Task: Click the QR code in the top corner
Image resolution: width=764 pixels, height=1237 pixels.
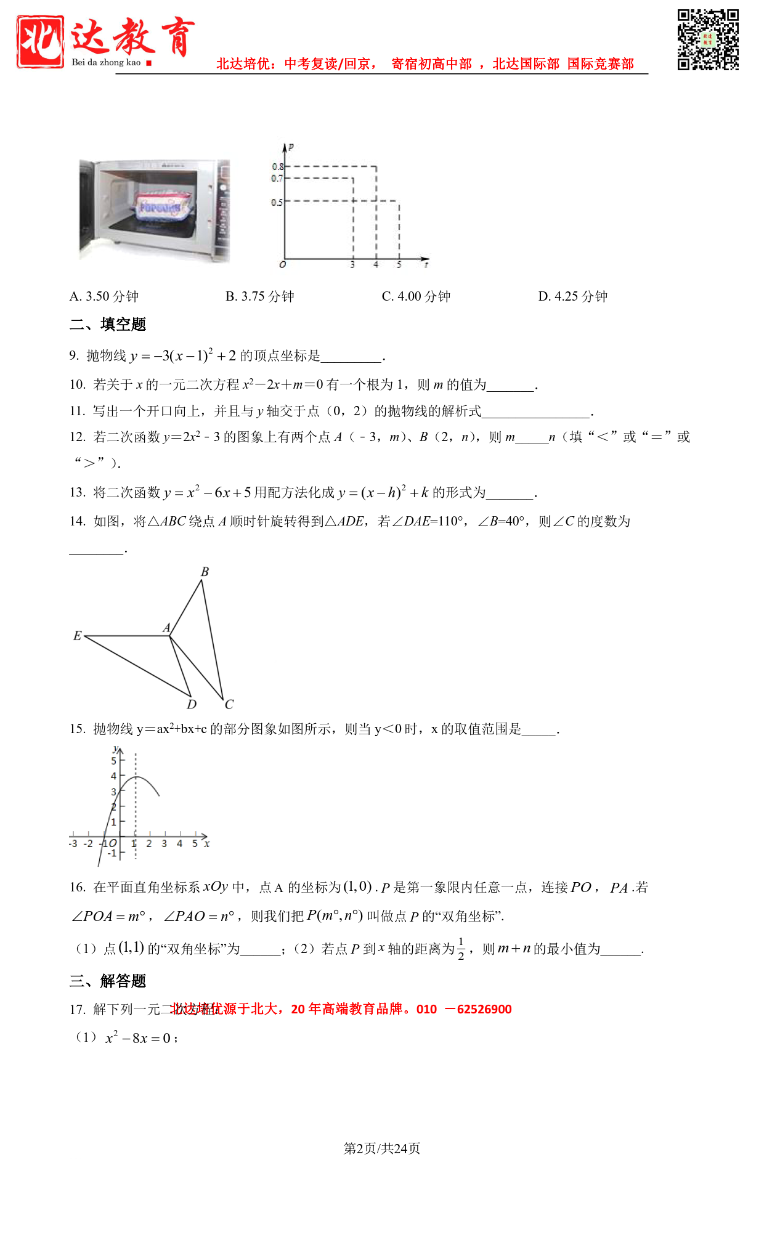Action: [x=708, y=39]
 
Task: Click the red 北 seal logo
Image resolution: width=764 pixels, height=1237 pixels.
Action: [x=40, y=41]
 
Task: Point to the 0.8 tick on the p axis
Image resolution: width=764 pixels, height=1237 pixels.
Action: [x=278, y=166]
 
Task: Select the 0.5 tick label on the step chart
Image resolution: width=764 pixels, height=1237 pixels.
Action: [x=277, y=202]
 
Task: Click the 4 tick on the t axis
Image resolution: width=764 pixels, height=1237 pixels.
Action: [x=376, y=264]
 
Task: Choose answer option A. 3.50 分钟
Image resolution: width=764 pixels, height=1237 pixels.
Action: [x=104, y=296]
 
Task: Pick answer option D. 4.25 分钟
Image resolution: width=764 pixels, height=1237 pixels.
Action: [x=572, y=296]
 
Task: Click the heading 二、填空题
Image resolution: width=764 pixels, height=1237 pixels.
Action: [x=108, y=324]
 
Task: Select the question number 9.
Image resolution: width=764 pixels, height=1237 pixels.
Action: [x=74, y=355]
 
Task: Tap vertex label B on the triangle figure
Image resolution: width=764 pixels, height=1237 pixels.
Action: [x=205, y=572]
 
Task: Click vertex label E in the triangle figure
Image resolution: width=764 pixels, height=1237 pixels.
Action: [x=77, y=636]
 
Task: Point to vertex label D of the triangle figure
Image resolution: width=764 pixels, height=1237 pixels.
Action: [x=192, y=704]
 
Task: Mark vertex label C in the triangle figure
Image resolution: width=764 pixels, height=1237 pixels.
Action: [x=229, y=704]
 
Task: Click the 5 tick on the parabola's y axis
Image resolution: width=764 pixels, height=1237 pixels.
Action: [x=114, y=761]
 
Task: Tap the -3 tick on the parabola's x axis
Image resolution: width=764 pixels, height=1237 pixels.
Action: [x=73, y=843]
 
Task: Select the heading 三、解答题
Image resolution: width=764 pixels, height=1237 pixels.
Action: [x=108, y=981]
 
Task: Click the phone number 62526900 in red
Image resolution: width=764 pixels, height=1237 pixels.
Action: [x=484, y=1009]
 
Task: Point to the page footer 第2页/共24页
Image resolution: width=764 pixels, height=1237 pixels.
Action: [x=382, y=1148]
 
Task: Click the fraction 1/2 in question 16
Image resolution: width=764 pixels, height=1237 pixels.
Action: [x=461, y=949]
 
